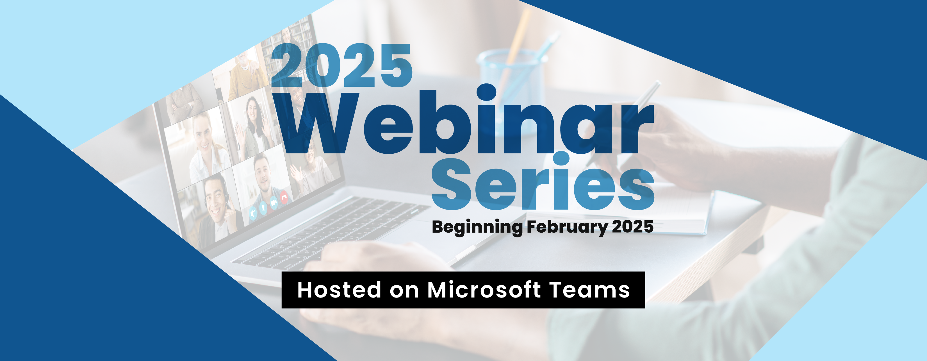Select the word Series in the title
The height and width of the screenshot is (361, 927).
point(543,182)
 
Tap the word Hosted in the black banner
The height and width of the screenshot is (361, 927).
point(339,290)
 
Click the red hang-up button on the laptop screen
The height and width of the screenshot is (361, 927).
point(284,197)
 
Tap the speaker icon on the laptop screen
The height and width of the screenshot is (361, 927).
point(253,213)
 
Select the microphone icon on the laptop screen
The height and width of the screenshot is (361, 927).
point(263,208)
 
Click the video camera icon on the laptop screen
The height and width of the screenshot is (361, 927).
point(274,203)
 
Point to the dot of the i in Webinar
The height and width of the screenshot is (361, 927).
point(487,92)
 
